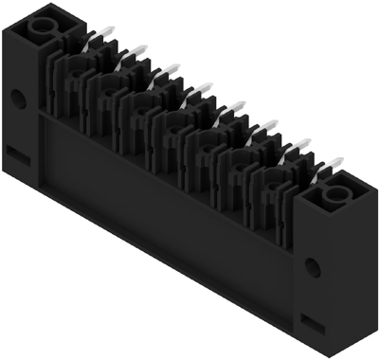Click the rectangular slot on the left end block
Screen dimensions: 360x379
point(17,150)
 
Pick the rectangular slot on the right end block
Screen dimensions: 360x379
point(311,318)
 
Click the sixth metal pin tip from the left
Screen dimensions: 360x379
point(271,126)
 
